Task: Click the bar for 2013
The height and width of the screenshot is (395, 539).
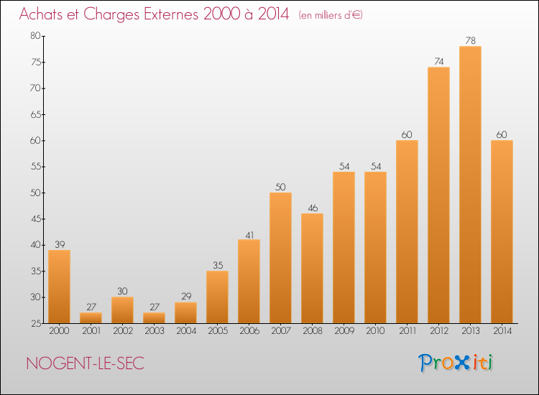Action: (470, 185)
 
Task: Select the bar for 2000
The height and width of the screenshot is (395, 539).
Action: (59, 287)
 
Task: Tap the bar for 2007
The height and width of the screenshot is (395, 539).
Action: (280, 258)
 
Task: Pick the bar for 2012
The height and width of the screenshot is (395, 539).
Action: (438, 195)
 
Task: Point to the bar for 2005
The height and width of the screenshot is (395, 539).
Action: (217, 297)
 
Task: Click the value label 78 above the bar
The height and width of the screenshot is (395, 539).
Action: (470, 41)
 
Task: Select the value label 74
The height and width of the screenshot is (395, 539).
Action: (438, 62)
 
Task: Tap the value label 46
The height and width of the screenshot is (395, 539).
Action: (312, 208)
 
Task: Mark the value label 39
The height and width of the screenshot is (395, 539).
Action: (59, 245)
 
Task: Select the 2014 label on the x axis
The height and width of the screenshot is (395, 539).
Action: (502, 331)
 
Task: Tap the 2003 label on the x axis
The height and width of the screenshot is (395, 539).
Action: (154, 331)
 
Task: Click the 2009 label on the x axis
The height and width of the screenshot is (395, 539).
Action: (344, 331)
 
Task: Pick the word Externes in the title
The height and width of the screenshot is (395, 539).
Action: (160, 14)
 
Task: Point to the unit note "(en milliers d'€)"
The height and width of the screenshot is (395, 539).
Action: (331, 15)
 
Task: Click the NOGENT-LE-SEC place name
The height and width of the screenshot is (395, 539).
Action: (85, 363)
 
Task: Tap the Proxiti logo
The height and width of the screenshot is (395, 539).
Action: (456, 363)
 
